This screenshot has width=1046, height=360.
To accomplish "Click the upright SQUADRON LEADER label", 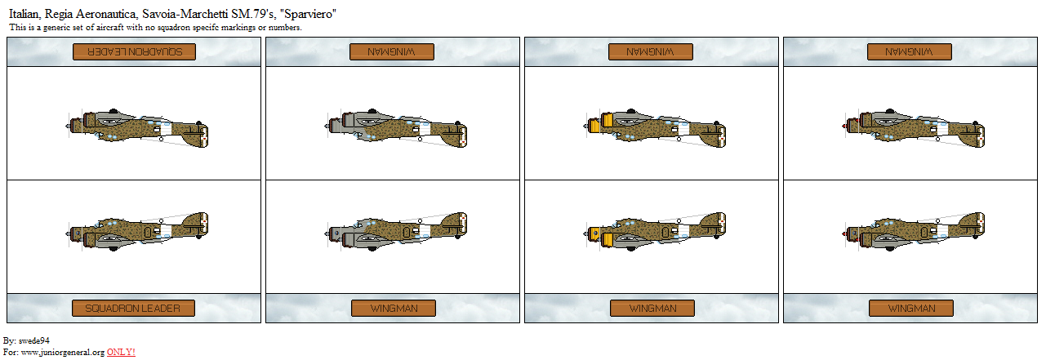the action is [133, 309].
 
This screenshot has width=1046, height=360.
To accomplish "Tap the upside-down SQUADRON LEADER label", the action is [134, 51].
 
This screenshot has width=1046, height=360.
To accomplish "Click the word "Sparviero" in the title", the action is [308, 14].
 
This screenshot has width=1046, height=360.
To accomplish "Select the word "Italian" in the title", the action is [24, 14].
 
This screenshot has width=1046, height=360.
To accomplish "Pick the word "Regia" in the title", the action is [58, 14].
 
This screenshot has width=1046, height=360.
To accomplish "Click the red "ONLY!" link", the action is [121, 352].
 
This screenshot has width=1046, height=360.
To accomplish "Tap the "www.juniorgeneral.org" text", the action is [63, 352].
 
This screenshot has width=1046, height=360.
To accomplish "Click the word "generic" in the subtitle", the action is [57, 28].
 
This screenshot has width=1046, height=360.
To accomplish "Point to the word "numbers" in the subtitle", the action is [283, 28].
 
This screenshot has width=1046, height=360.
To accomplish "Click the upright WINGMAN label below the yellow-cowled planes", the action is [652, 309].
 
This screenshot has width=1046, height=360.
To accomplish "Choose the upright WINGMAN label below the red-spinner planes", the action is [911, 309].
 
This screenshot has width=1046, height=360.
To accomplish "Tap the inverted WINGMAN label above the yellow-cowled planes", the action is [651, 51].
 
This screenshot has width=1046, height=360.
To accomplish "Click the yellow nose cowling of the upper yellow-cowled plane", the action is [607, 120].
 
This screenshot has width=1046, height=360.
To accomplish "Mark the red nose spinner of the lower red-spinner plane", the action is [844, 233].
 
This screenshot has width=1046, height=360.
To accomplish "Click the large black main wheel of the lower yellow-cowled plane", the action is [631, 248].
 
